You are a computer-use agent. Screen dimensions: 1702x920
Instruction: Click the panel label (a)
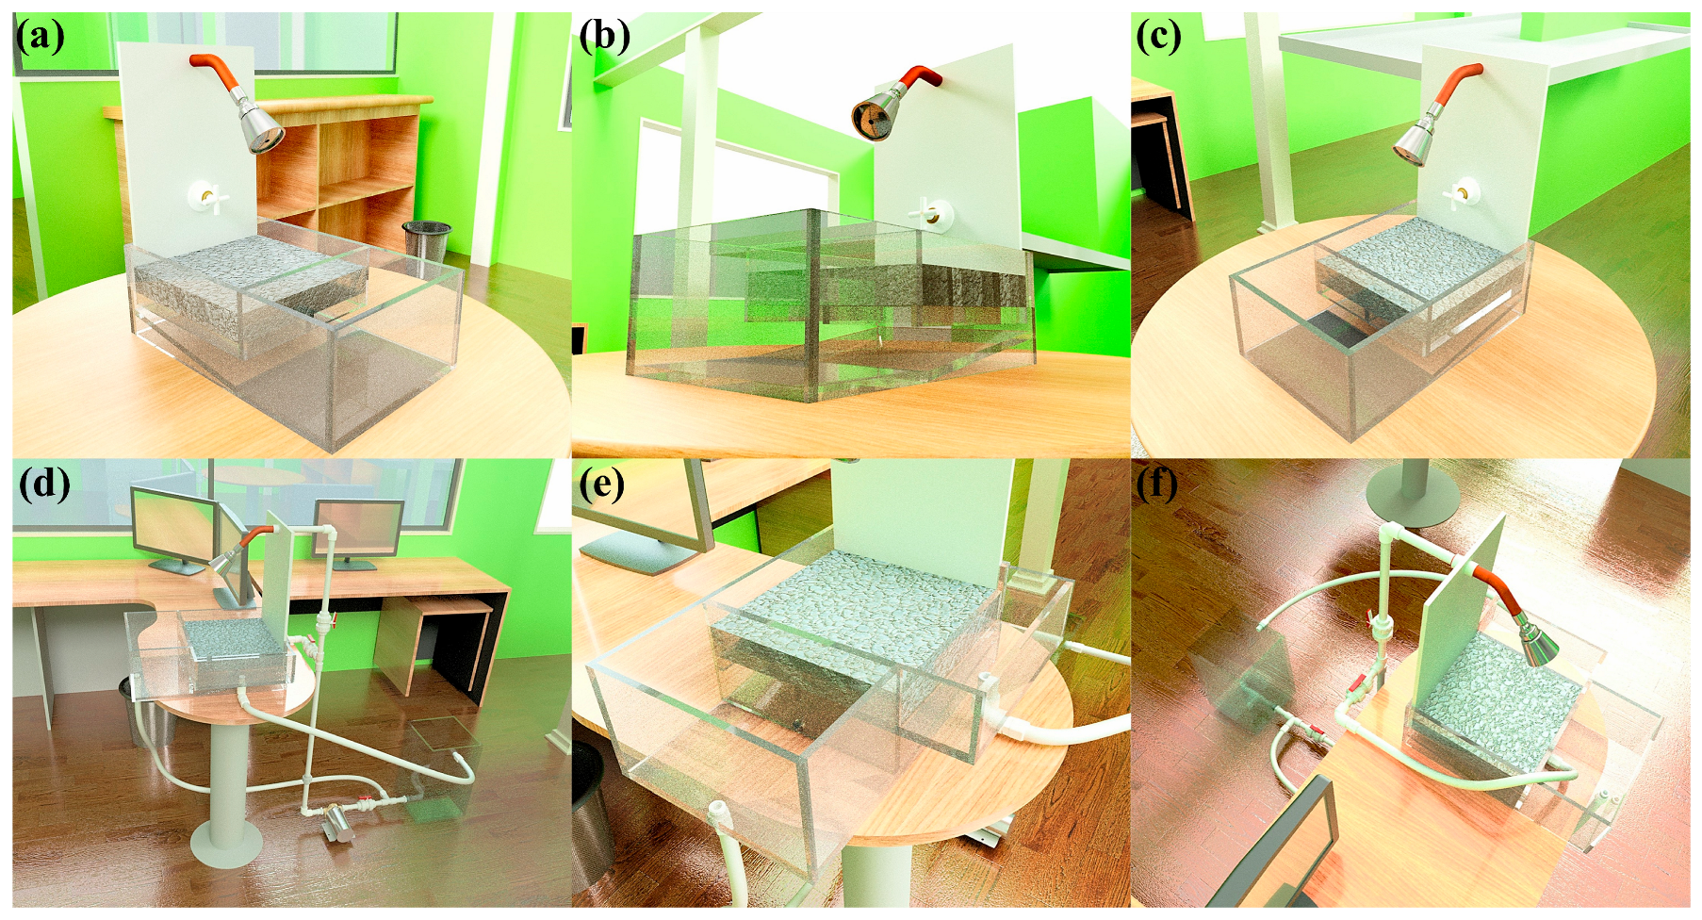(x=40, y=37)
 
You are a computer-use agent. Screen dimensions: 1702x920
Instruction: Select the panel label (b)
(x=604, y=37)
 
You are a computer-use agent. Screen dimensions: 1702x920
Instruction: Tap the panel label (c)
(x=1158, y=37)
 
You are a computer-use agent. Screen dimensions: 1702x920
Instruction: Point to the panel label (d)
(x=44, y=484)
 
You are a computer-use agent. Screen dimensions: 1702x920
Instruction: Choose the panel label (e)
(x=602, y=484)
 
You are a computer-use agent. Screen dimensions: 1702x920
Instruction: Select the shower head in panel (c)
(x=1416, y=140)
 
